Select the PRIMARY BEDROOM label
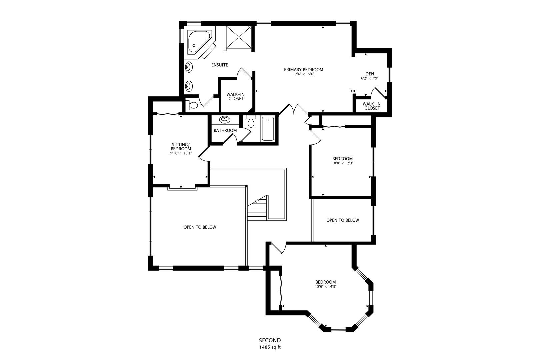[303, 70]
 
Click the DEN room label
[369, 74]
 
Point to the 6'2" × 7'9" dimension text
[369, 79]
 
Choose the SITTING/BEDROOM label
[181, 147]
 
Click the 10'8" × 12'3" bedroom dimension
[342, 163]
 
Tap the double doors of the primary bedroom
[293, 109]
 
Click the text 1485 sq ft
[270, 347]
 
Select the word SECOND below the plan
[270, 340]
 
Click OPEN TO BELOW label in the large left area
[200, 227]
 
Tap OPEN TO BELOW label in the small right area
[342, 220]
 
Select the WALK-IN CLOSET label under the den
[372, 106]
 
